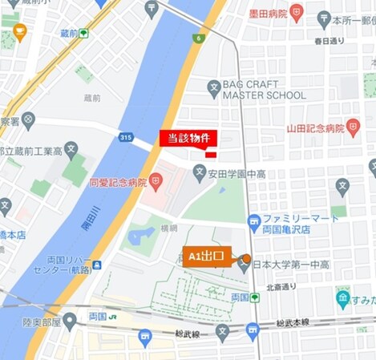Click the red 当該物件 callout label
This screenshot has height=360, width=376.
(x=188, y=138)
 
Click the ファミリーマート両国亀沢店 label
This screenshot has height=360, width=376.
(x=294, y=224)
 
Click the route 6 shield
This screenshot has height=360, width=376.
(x=199, y=38)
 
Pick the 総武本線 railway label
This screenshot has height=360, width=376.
(x=296, y=324)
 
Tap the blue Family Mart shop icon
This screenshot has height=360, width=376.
(x=254, y=220)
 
